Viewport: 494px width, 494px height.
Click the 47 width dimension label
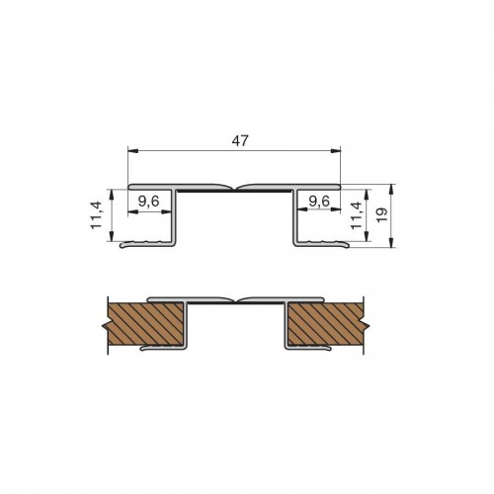click(x=239, y=141)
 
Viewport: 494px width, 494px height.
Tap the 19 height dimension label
click(x=382, y=215)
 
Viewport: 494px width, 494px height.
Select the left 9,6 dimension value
click(x=148, y=201)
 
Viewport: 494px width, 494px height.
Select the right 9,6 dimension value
click(x=318, y=201)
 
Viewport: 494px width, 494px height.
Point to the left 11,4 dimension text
click(x=97, y=215)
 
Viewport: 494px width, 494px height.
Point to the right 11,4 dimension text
click(x=356, y=215)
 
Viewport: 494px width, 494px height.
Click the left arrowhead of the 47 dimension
click(x=132, y=151)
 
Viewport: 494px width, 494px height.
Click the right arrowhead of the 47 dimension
click(x=336, y=151)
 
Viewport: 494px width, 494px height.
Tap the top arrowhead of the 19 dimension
click(x=391, y=189)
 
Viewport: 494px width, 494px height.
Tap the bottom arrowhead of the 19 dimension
click(x=391, y=242)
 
